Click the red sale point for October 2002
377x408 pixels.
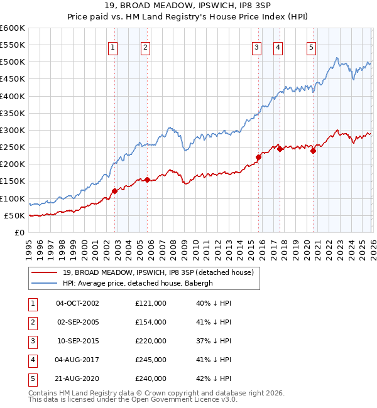pos(114,191)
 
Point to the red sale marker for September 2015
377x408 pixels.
pos(258,158)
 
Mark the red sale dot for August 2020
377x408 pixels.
pos(313,151)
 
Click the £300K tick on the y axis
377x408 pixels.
pos(12,130)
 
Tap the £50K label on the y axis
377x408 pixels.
pos(14,215)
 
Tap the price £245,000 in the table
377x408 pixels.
pos(150,360)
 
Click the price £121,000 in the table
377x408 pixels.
pos(150,303)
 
